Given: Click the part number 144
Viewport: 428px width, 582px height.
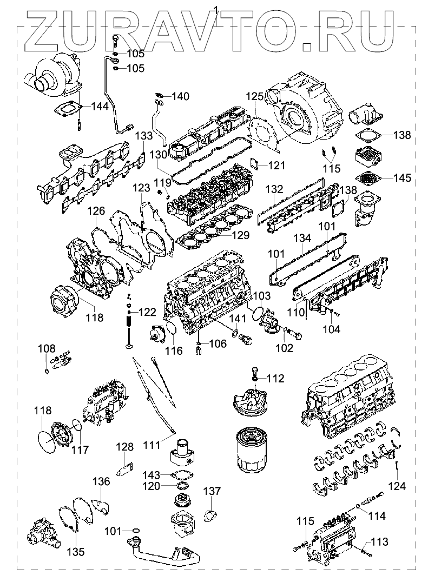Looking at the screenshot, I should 100,107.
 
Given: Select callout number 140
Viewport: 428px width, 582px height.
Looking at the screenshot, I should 181,97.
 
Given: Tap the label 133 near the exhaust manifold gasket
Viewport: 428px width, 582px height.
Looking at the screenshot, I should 144,136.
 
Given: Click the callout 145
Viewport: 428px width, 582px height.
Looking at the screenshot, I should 402,177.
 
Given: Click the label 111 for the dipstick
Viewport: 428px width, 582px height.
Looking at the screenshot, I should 152,445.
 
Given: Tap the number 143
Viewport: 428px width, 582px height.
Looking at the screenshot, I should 152,475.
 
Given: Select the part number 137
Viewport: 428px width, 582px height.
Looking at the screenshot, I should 212,491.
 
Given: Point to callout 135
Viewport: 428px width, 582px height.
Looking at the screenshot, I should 76,552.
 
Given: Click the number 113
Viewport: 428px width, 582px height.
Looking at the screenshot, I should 380,541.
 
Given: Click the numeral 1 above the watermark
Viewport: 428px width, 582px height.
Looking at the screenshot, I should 216,9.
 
